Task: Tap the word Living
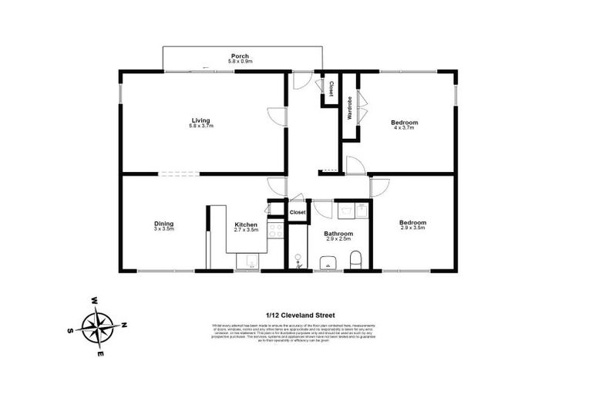pyautogui.click(x=201, y=120)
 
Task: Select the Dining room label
pyautogui.click(x=163, y=225)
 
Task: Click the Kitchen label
pyautogui.click(x=245, y=225)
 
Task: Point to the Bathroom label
pyautogui.click(x=338, y=234)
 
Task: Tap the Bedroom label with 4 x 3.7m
pyautogui.click(x=404, y=123)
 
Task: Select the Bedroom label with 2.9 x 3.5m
pyautogui.click(x=412, y=223)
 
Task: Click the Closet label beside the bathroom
pyautogui.click(x=298, y=212)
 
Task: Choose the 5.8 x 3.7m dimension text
pyautogui.click(x=201, y=127)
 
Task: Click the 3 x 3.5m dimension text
pyautogui.click(x=163, y=230)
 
